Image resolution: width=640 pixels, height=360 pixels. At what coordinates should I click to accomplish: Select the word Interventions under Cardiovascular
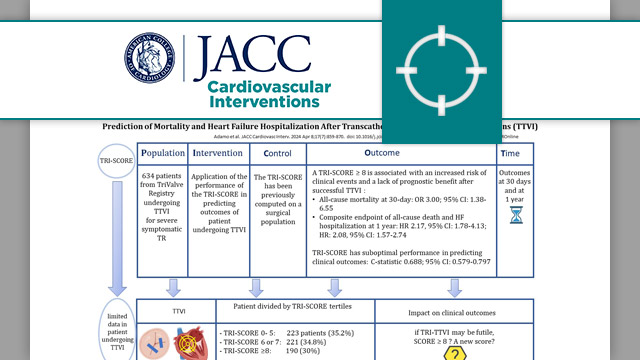tap(264, 101)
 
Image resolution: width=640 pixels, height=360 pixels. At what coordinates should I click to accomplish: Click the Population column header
tap(162, 154)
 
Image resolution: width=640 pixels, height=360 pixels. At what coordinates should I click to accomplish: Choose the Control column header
tap(277, 154)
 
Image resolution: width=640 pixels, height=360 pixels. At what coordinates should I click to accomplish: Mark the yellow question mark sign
tap(456, 352)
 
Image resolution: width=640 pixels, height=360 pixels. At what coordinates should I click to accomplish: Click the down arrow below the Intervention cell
tap(218, 286)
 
